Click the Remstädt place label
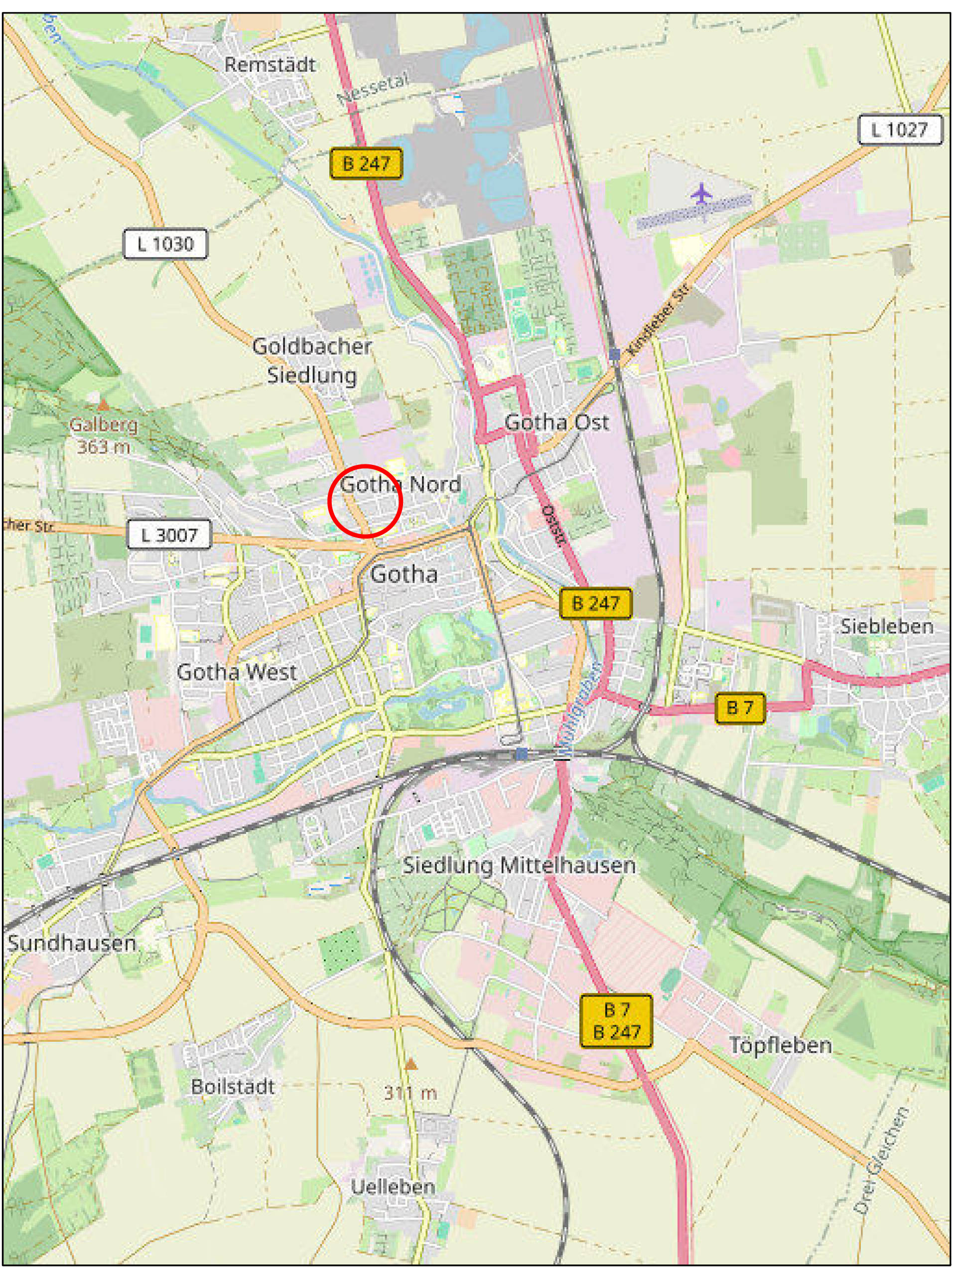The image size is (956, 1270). tap(270, 64)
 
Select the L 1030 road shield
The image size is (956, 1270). tap(165, 245)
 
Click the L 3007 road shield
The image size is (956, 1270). tap(169, 535)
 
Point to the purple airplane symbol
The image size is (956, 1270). tap(701, 193)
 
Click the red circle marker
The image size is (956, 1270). tap(365, 501)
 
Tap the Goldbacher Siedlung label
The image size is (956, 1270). tap(312, 361)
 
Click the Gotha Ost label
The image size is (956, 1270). tap(556, 423)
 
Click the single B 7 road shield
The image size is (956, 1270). tap(739, 707)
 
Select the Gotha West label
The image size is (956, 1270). tap(237, 672)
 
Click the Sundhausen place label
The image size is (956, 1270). tap(72, 943)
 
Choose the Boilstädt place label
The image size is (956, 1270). tap(233, 1086)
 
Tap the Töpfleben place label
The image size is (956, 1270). tap(780, 1045)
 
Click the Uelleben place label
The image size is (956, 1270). tap(393, 1187)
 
